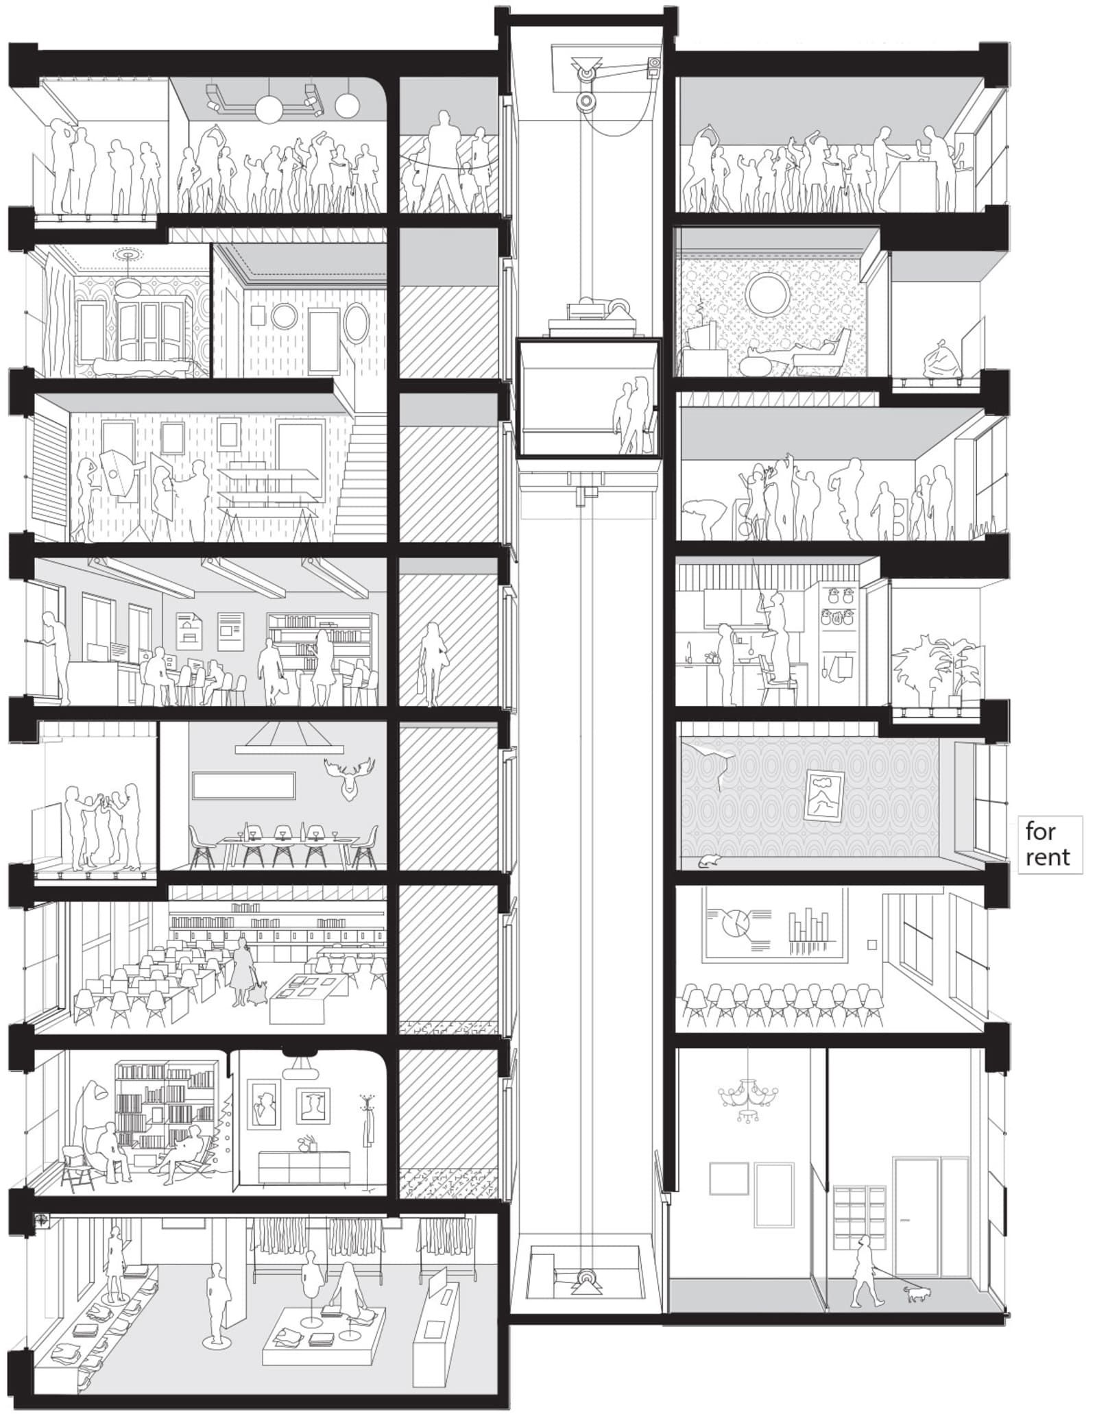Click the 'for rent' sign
(x=1049, y=844)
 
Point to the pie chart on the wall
(x=736, y=925)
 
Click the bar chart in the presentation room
(x=812, y=931)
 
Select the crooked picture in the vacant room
(x=824, y=794)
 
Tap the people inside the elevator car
(x=634, y=415)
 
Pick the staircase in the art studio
(x=360, y=480)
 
